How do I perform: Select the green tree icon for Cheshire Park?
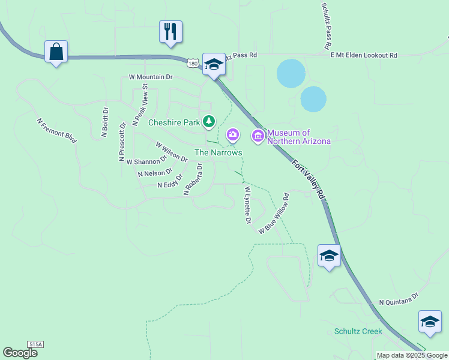click(209, 122)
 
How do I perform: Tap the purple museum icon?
click(259, 136)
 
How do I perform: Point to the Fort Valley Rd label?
click(309, 179)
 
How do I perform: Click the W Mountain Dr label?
click(150, 77)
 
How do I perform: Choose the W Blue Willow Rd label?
click(274, 214)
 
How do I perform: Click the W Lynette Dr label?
click(247, 205)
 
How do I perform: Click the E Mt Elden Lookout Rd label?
click(364, 55)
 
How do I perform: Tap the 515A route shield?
click(35, 344)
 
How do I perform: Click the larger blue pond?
click(291, 73)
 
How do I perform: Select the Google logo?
click(20, 353)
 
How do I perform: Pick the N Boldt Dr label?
click(104, 122)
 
